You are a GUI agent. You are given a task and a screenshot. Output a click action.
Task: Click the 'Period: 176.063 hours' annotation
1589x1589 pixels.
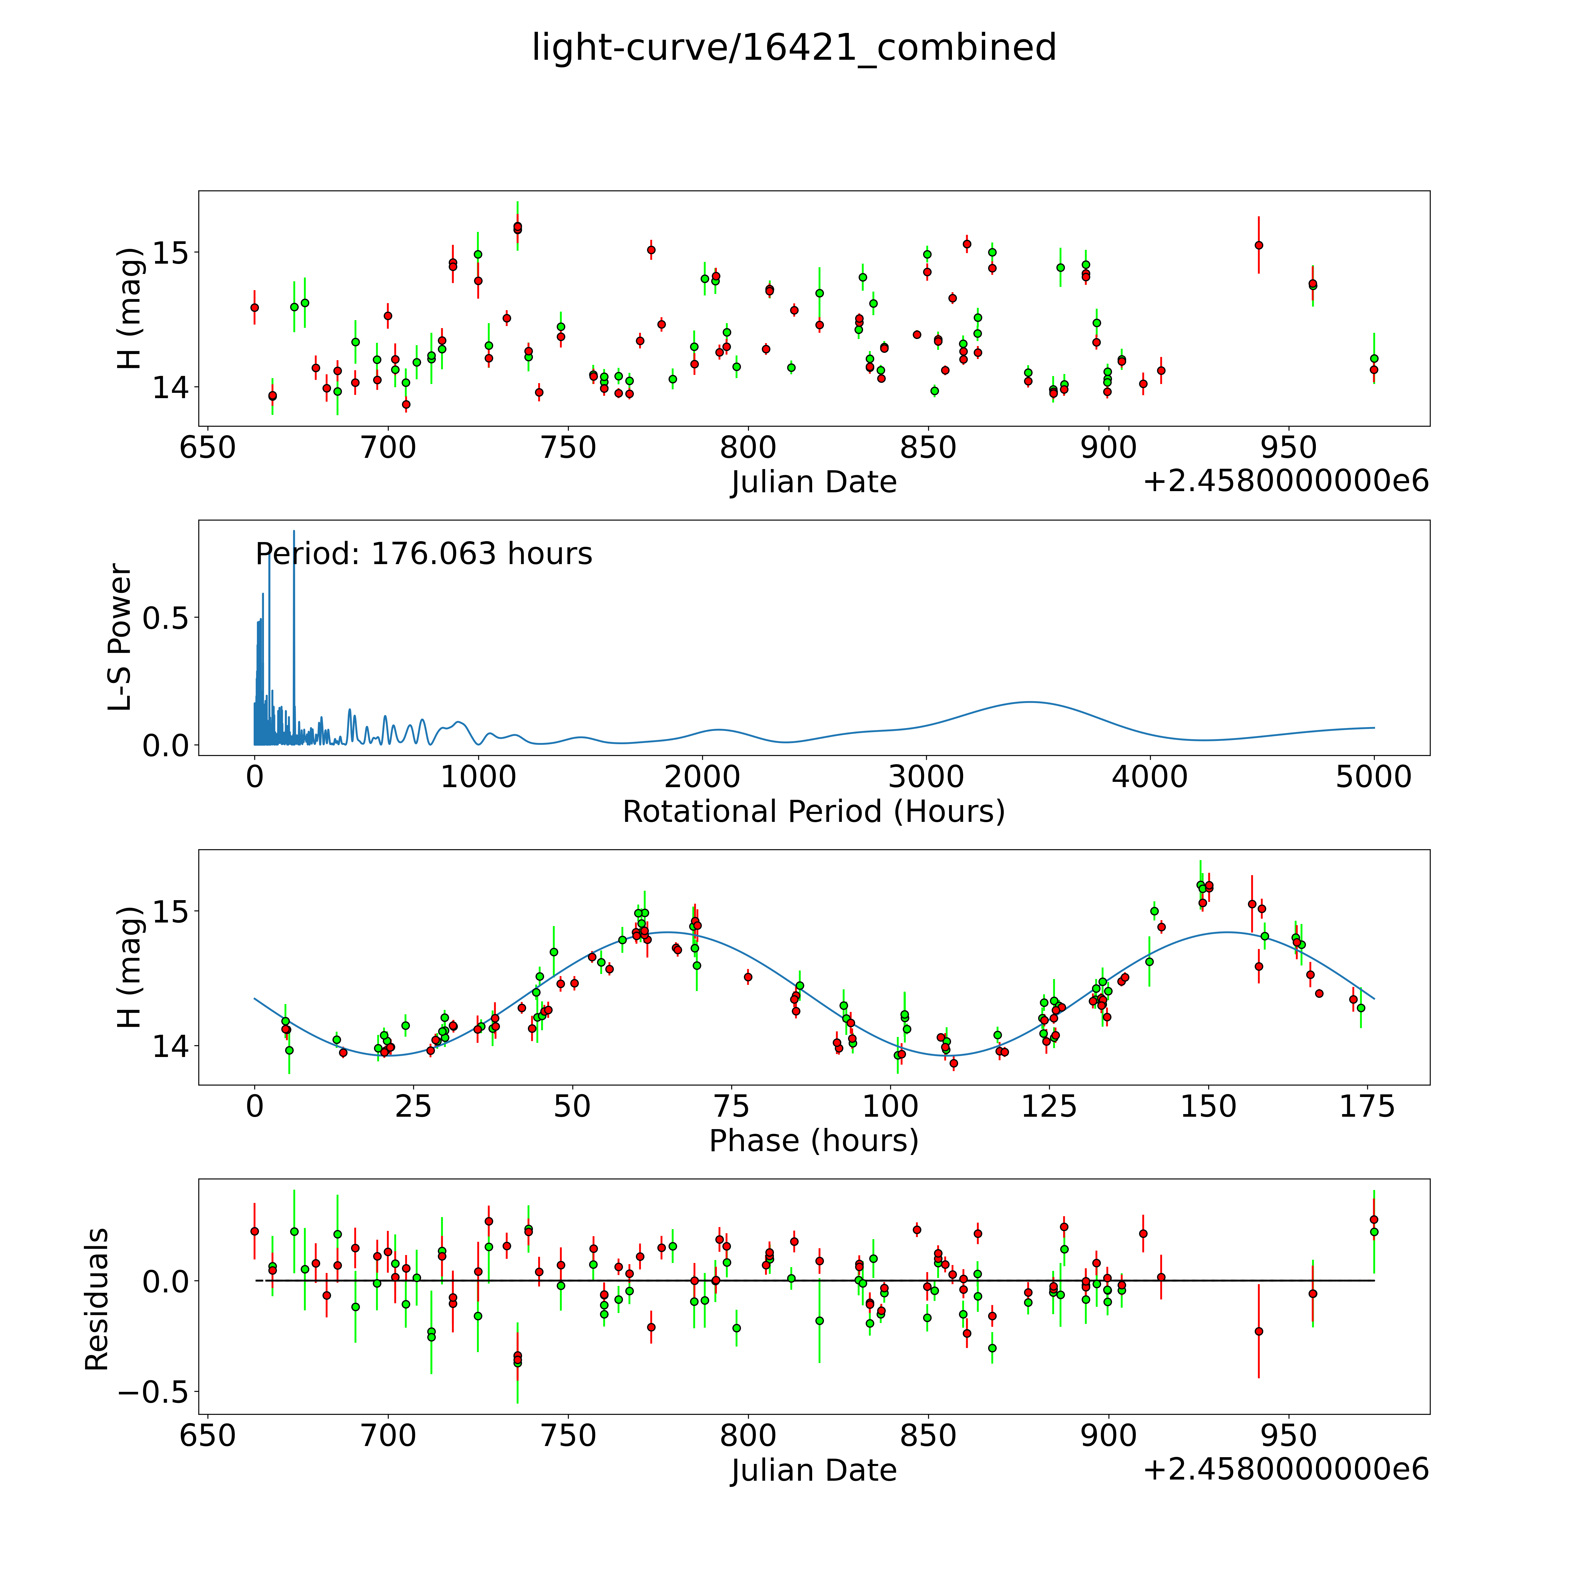[423, 554]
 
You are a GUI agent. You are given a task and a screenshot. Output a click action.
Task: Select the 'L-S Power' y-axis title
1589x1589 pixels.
[120, 637]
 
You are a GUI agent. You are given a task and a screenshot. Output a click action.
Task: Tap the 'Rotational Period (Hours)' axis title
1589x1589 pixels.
[813, 812]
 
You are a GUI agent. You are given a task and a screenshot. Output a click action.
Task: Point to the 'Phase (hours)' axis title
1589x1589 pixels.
[813, 1141]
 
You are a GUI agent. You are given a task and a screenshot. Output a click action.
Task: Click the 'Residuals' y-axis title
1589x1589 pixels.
[97, 1299]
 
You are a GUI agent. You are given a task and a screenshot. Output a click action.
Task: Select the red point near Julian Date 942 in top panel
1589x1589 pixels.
[1258, 245]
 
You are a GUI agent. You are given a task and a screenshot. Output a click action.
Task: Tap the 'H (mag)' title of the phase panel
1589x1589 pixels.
[130, 967]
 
